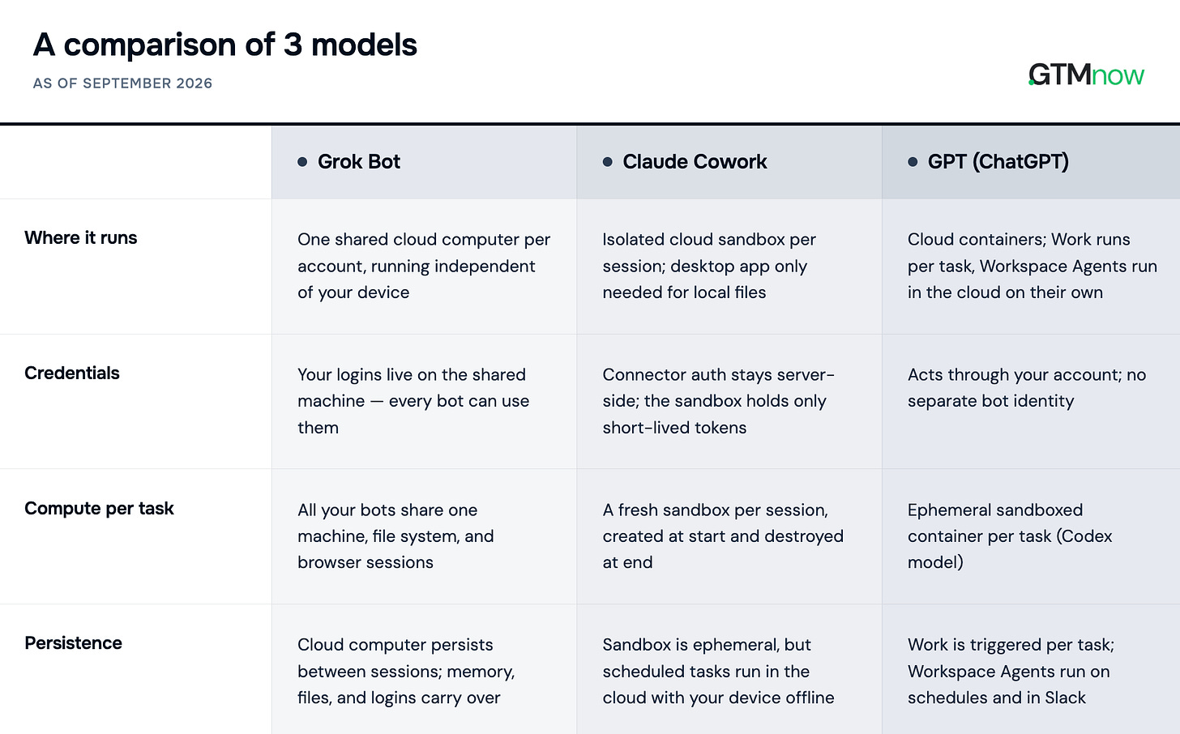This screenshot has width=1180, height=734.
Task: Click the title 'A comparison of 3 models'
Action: (x=225, y=45)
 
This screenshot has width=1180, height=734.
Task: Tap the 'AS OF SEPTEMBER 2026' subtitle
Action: (x=122, y=83)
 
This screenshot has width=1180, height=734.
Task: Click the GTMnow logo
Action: (x=1086, y=75)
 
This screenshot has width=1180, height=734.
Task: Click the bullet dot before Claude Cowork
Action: (x=607, y=162)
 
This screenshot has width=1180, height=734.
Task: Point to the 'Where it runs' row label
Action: (x=80, y=238)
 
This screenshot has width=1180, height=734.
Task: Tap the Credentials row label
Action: (x=71, y=373)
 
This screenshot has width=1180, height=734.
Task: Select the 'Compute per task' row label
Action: (x=99, y=509)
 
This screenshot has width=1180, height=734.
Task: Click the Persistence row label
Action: (x=73, y=643)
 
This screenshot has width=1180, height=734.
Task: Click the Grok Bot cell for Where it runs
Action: (x=424, y=266)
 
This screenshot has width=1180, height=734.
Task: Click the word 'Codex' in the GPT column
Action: (x=1086, y=536)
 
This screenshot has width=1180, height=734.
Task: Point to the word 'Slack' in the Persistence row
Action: (x=1065, y=698)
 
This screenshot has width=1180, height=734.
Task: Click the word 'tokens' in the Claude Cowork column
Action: (x=720, y=428)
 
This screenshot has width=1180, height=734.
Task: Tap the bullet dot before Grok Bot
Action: (x=302, y=162)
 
